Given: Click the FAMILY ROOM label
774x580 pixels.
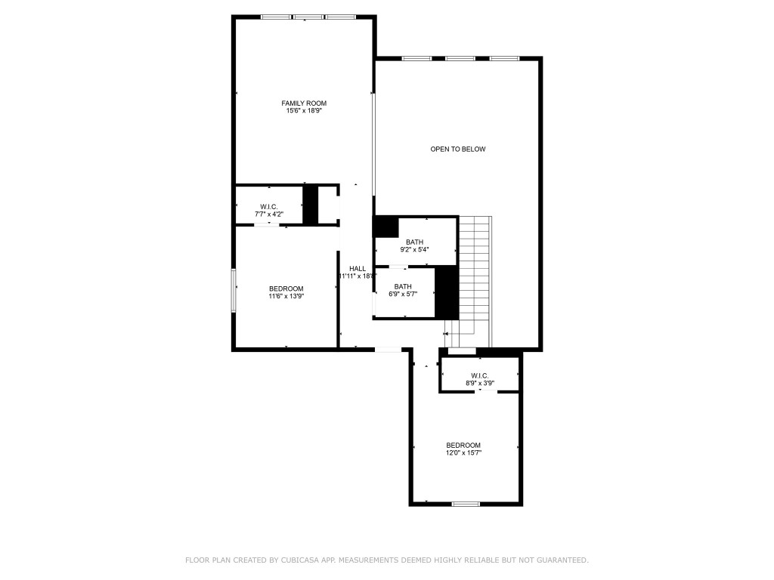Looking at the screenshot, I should click(304, 103).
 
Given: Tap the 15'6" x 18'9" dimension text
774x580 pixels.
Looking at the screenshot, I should click(304, 111).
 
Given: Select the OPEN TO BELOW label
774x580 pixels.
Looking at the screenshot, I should click(458, 149).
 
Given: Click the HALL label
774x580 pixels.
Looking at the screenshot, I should click(358, 268).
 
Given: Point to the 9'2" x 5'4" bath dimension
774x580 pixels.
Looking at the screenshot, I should click(413, 249).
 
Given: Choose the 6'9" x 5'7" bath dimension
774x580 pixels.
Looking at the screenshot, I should click(402, 295).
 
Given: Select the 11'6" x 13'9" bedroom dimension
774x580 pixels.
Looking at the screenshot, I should click(286, 296).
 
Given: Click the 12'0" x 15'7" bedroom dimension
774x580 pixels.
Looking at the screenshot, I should click(463, 452).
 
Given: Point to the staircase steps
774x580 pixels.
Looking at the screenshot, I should click(475, 272).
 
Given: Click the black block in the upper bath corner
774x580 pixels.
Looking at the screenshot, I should click(386, 227).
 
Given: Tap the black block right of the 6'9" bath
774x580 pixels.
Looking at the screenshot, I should click(447, 292).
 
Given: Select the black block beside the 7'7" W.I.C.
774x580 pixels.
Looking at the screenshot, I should click(310, 204).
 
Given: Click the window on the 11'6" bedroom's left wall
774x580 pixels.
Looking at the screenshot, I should click(234, 290).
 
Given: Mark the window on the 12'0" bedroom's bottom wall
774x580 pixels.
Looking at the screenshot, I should click(466, 504).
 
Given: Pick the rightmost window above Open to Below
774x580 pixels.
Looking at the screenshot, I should click(504, 58).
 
